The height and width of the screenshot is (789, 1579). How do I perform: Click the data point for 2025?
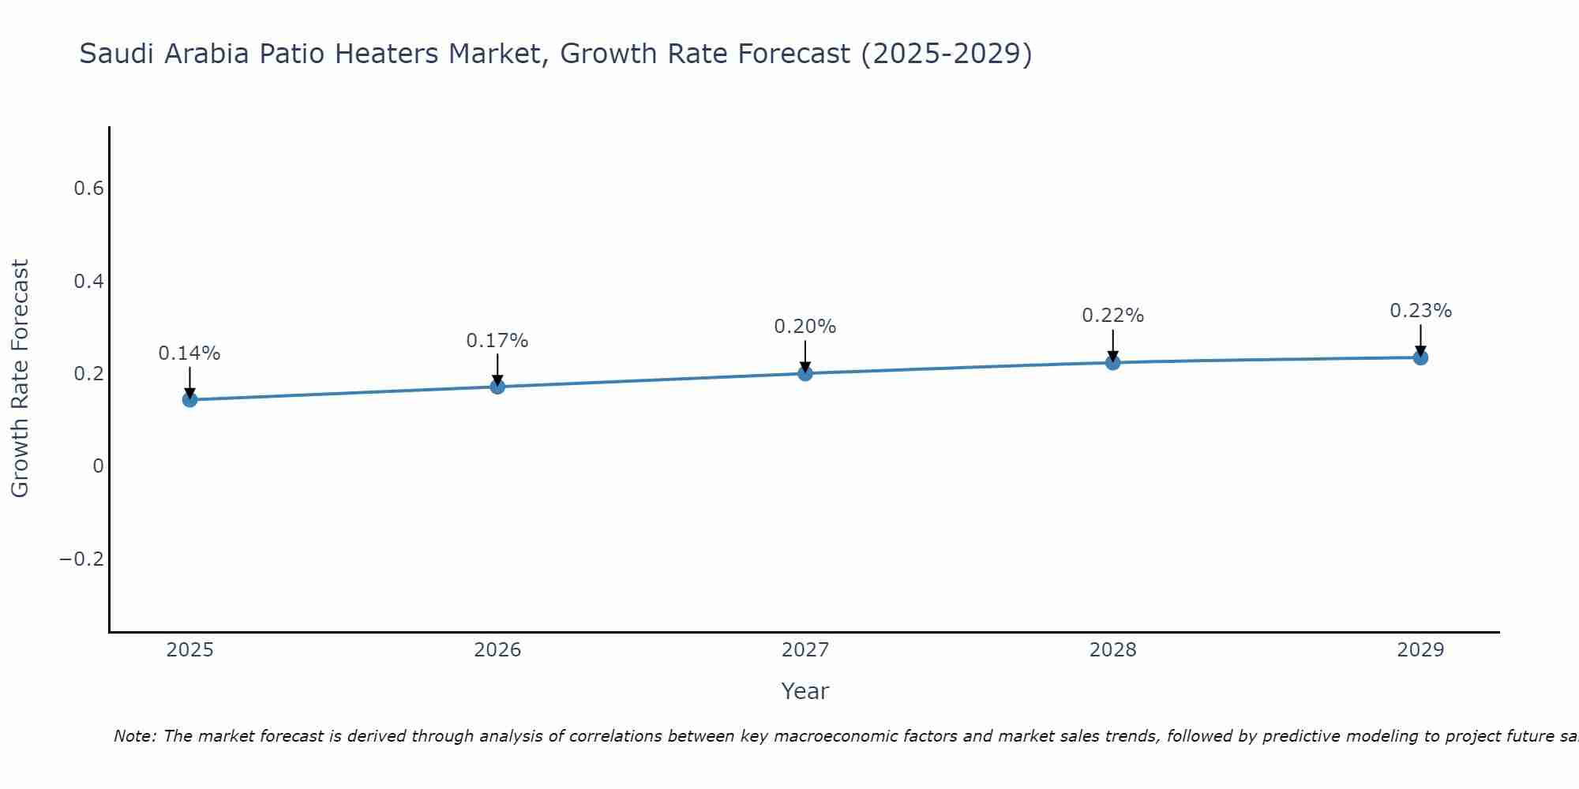189,399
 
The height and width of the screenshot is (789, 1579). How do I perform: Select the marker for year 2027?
805,373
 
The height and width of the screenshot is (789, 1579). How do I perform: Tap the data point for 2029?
1420,357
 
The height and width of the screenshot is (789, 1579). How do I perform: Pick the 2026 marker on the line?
497,386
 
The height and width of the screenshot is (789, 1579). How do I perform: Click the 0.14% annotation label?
189,353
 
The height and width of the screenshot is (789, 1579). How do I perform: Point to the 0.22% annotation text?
1112,316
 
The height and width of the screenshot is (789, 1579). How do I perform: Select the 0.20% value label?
805,327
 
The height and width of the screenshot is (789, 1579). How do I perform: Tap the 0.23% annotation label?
1420,311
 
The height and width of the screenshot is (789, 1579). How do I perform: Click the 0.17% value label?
497,341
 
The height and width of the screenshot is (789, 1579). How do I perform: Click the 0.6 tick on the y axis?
88,189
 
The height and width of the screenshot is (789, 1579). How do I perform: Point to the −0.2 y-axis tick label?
81,559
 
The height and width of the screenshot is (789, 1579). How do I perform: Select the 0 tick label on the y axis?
98,466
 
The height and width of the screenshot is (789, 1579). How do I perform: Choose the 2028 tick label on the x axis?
1112,650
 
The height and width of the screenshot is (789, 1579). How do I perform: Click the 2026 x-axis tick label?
497,650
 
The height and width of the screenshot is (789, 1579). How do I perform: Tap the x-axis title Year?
805,691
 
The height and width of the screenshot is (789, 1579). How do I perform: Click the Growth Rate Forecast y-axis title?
20,379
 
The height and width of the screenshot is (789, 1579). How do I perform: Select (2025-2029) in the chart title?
946,54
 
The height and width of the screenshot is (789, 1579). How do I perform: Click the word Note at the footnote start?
134,736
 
